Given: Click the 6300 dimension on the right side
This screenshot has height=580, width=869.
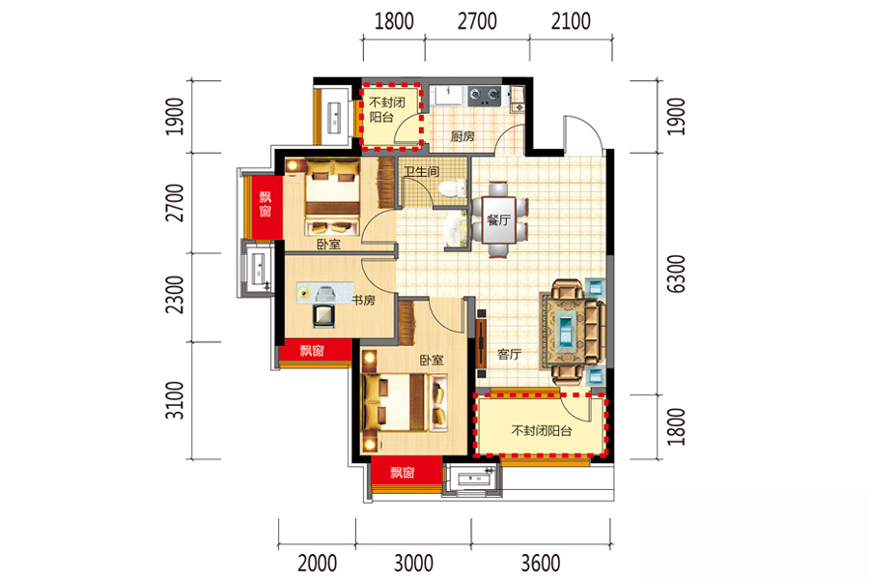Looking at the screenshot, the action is (x=676, y=274).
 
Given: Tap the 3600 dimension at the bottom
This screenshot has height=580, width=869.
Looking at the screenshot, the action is (x=541, y=563).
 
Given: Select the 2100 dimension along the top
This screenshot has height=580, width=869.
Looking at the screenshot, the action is (x=571, y=21).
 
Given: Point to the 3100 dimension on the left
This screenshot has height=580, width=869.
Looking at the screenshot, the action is (x=175, y=400).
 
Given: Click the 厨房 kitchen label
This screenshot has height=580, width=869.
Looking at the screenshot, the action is (x=463, y=136).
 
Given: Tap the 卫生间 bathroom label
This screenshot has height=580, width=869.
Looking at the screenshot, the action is (x=421, y=171).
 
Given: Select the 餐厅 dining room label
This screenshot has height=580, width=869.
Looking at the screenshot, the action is (x=498, y=219).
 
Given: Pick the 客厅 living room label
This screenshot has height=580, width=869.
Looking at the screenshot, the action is (x=509, y=354).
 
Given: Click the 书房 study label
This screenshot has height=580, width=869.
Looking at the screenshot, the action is (x=364, y=301).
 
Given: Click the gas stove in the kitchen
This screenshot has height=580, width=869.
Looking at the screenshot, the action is (x=484, y=96).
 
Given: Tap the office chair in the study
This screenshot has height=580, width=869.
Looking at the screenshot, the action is (x=323, y=315).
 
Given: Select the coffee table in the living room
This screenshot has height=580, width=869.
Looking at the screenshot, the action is (x=566, y=331).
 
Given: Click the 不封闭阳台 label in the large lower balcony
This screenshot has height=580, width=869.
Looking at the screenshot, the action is (x=541, y=431).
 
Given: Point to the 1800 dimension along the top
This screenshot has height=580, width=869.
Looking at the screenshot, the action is (x=394, y=21).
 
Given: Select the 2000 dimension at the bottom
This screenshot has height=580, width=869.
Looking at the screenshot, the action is (x=317, y=563).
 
